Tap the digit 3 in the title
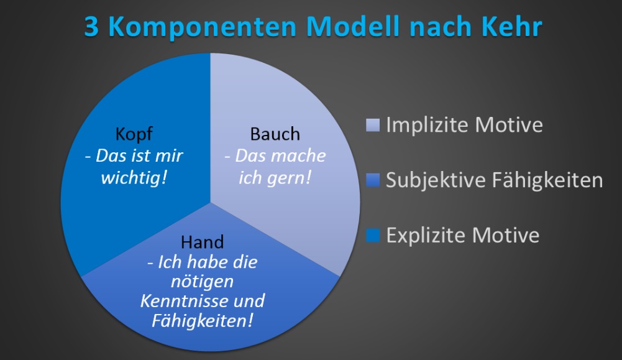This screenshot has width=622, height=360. [91, 27]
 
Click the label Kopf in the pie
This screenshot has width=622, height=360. [134, 135]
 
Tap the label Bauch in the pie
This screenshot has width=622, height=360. [275, 134]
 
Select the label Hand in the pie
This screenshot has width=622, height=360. [203, 242]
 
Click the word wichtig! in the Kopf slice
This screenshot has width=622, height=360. [134, 177]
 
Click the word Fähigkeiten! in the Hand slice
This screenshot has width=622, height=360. [203, 321]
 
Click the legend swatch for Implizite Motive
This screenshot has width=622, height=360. [372, 124]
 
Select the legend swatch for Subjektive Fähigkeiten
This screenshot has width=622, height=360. [372, 180]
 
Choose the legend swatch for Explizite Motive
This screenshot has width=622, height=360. [372, 235]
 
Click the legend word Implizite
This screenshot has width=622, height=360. [428, 126]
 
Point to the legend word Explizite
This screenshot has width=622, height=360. [426, 236]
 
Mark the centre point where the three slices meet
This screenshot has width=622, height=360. [210, 203]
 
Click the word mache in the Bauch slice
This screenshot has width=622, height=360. [302, 156]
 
